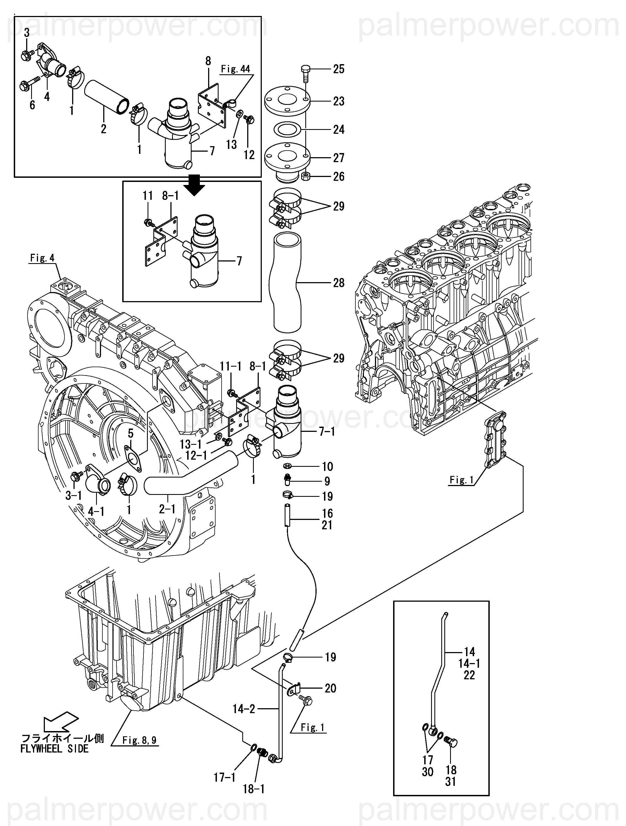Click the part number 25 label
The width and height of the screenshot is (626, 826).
[339, 69]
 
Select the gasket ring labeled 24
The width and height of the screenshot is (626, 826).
[288, 130]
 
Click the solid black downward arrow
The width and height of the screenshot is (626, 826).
[197, 186]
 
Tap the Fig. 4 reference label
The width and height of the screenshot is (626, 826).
[42, 258]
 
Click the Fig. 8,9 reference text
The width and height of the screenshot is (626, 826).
[140, 740]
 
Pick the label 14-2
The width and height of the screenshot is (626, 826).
[244, 708]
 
